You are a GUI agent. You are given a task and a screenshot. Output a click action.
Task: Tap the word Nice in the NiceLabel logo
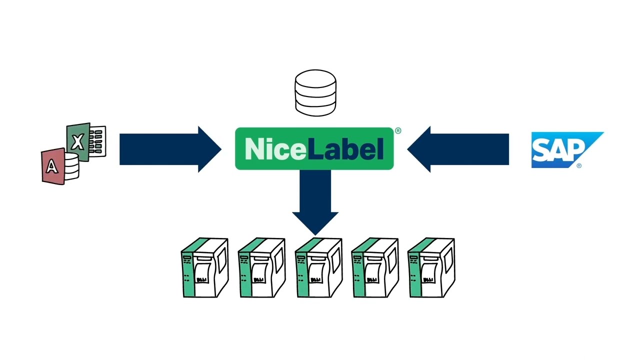coord(275,149)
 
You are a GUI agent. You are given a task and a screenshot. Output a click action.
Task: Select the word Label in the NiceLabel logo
coord(345,148)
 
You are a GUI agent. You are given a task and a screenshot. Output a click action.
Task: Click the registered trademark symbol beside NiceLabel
coord(398,130)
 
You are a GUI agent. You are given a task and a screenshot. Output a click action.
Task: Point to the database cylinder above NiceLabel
coord(315,93)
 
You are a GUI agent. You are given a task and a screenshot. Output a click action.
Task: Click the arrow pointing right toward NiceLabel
coord(170,149)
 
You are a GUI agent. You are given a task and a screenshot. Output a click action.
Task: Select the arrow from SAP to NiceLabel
coord(458,149)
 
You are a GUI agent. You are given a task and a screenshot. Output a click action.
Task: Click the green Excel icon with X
coord(78,142)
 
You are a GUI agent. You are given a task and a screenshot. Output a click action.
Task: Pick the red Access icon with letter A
coord(53,166)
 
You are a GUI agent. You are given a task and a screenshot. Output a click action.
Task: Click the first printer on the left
coord(205,267)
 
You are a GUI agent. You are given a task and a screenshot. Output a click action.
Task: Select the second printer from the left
coord(261,267)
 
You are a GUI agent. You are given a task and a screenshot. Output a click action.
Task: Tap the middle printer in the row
coord(318,267)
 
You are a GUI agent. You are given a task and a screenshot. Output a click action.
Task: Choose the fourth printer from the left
coord(375,267)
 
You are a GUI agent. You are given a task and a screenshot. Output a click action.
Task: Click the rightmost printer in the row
coord(431,267)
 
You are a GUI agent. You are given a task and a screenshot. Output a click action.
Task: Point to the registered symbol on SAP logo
coord(579,165)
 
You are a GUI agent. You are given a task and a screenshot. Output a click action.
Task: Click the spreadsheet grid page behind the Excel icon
coord(97,141)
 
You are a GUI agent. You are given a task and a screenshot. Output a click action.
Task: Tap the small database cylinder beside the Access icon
coord(71,166)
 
